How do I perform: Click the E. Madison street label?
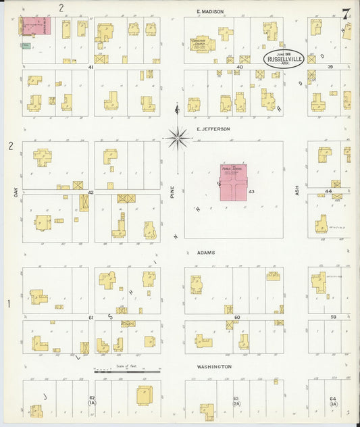pos(209,11)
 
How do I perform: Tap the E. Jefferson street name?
pos(213,128)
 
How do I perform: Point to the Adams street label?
pos(207,253)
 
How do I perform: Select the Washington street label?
pos(215,367)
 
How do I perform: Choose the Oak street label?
pos(14,192)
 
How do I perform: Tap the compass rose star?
pos(177,138)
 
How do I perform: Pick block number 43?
pos(251,193)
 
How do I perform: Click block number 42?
pos(90,193)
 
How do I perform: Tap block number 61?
pos(91,317)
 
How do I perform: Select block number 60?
pos(237,317)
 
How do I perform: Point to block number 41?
pos(91,68)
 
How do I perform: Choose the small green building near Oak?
pos(26,45)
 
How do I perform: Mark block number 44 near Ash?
pos(328,192)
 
